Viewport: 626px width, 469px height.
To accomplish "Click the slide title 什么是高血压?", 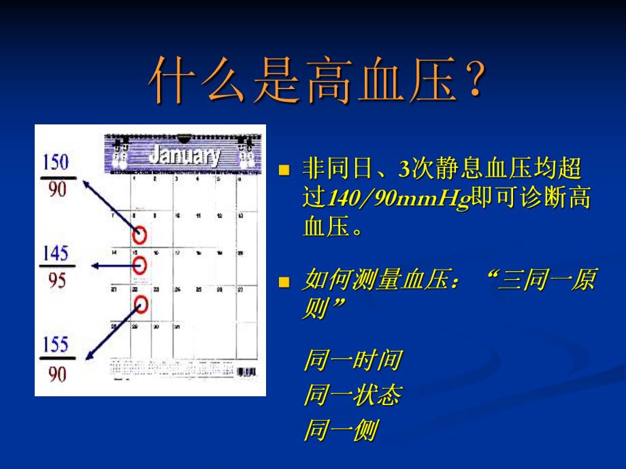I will (317, 80).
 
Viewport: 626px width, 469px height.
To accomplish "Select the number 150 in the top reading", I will (56, 162).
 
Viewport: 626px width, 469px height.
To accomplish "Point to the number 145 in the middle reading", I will (56, 254).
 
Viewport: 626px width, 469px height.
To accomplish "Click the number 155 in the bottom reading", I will (56, 345).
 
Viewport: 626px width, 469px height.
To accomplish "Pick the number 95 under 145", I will (57, 281).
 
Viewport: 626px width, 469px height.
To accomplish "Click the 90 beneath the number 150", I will (57, 190).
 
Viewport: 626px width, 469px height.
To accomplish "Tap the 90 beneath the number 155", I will (57, 373).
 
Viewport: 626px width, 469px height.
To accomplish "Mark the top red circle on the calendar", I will (139, 235).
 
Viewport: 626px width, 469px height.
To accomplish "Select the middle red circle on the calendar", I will (139, 266).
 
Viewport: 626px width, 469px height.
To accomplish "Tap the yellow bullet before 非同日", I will (285, 169).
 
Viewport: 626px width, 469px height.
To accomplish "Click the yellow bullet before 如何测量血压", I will (285, 281).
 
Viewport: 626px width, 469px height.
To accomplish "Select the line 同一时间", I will (352, 360).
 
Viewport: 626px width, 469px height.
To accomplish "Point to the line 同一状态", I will (352, 395).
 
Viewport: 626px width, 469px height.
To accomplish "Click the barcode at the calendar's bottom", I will (246, 372).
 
